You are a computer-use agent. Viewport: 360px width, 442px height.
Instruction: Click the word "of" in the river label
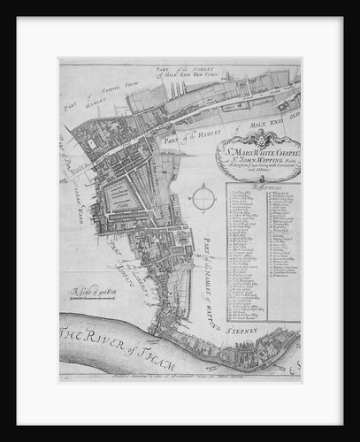(134, 339)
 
